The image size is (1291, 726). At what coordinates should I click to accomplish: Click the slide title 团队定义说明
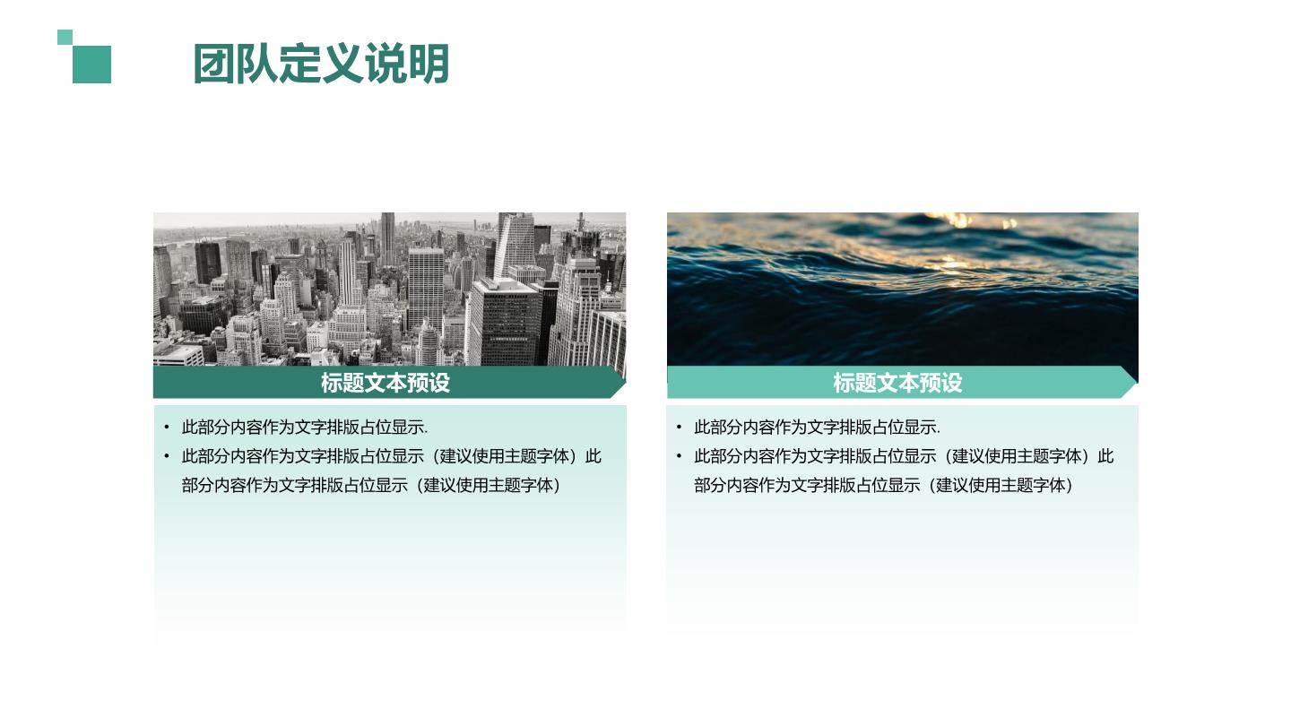(321, 64)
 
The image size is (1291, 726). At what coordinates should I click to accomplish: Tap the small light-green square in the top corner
(65, 37)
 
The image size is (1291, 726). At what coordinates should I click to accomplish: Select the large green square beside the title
(91, 65)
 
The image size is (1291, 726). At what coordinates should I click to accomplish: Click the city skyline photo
(390, 290)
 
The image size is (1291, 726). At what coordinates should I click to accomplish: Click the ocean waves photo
(903, 290)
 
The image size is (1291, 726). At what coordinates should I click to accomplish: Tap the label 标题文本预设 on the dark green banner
(385, 383)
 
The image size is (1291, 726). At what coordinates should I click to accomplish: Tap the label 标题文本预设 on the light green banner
(897, 383)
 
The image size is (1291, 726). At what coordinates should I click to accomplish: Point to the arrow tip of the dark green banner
(626, 382)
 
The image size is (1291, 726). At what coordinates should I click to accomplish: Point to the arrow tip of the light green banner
(1137, 382)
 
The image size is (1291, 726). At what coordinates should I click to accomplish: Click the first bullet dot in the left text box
(167, 428)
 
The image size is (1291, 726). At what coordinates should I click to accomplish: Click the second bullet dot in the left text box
(167, 456)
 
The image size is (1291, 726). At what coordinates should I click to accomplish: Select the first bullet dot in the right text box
(679, 428)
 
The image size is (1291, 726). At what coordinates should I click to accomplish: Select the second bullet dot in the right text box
(679, 456)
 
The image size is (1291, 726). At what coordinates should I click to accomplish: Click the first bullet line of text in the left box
(304, 428)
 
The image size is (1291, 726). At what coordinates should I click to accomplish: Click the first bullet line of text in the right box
(817, 428)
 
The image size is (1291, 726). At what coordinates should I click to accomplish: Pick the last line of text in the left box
(371, 485)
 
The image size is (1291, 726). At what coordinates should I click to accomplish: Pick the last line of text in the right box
(884, 485)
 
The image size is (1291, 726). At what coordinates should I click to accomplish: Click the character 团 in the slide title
(213, 64)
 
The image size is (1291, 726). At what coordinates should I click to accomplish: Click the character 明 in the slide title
(429, 64)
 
